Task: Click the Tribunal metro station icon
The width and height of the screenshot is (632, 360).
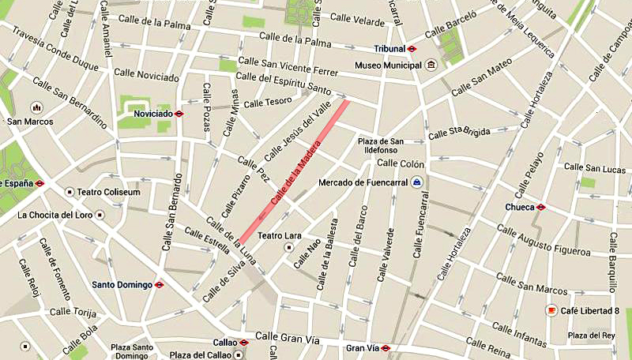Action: coord(412,48)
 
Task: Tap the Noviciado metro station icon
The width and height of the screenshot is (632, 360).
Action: coord(180,114)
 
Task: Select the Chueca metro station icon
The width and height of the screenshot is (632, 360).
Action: coord(540,208)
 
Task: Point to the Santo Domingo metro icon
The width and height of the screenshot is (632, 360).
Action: coord(159,285)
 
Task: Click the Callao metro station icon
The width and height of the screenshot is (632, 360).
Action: coord(243,343)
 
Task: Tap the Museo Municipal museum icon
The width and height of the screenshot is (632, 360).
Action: coord(431,65)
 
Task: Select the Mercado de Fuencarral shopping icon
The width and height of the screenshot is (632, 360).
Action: coord(417,183)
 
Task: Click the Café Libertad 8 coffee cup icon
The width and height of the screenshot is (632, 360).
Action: coord(550,311)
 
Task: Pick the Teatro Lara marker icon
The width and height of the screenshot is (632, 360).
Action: coord(289,247)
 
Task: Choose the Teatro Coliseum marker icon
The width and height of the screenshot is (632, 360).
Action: coord(70,192)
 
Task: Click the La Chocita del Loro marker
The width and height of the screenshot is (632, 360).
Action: coord(100,214)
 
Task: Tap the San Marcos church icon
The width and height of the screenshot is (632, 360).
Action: coord(35,107)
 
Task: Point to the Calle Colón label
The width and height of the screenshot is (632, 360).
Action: coord(401,164)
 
